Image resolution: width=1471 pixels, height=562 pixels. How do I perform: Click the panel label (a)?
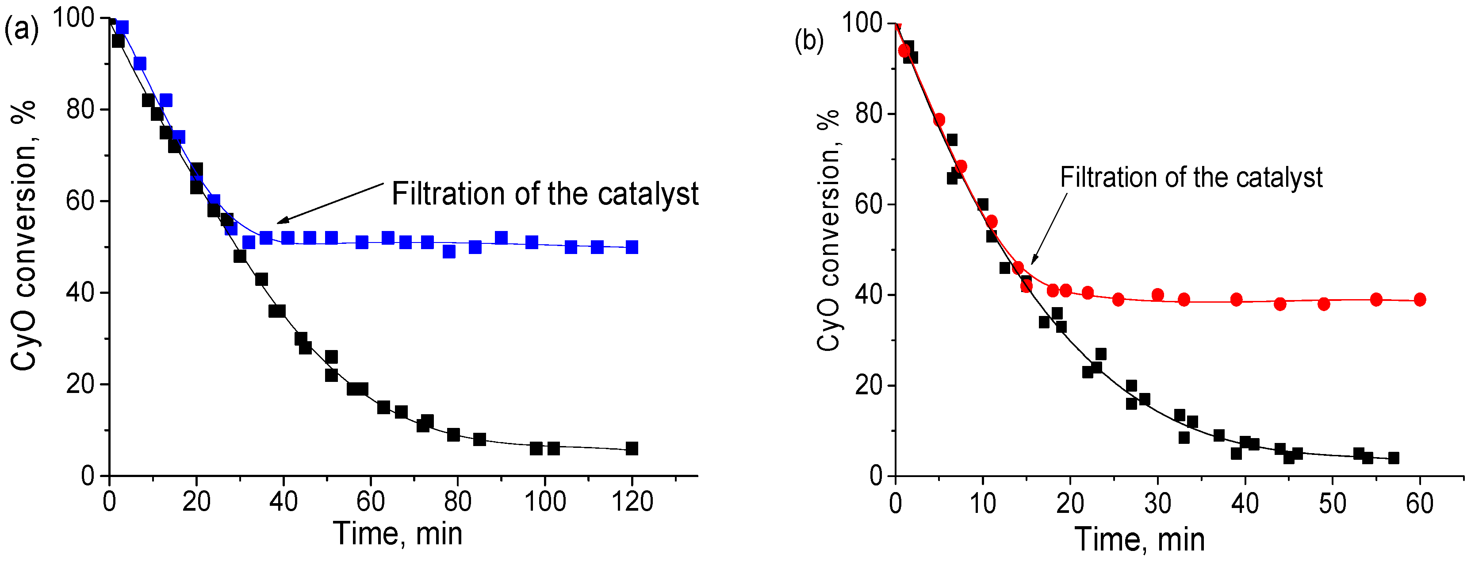pyautogui.click(x=21, y=30)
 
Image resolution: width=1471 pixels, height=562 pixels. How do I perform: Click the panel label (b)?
pyautogui.click(x=809, y=41)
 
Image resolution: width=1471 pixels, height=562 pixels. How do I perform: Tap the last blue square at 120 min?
pyautogui.click(x=632, y=247)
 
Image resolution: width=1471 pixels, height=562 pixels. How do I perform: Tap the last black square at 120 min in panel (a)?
pyautogui.click(x=632, y=448)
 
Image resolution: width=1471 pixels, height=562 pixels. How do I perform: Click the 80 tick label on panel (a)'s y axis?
pyautogui.click(x=80, y=109)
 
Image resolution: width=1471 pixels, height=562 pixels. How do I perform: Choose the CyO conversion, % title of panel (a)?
pyautogui.click(x=24, y=235)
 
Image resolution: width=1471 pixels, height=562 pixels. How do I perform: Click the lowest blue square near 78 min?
pyautogui.click(x=449, y=251)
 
